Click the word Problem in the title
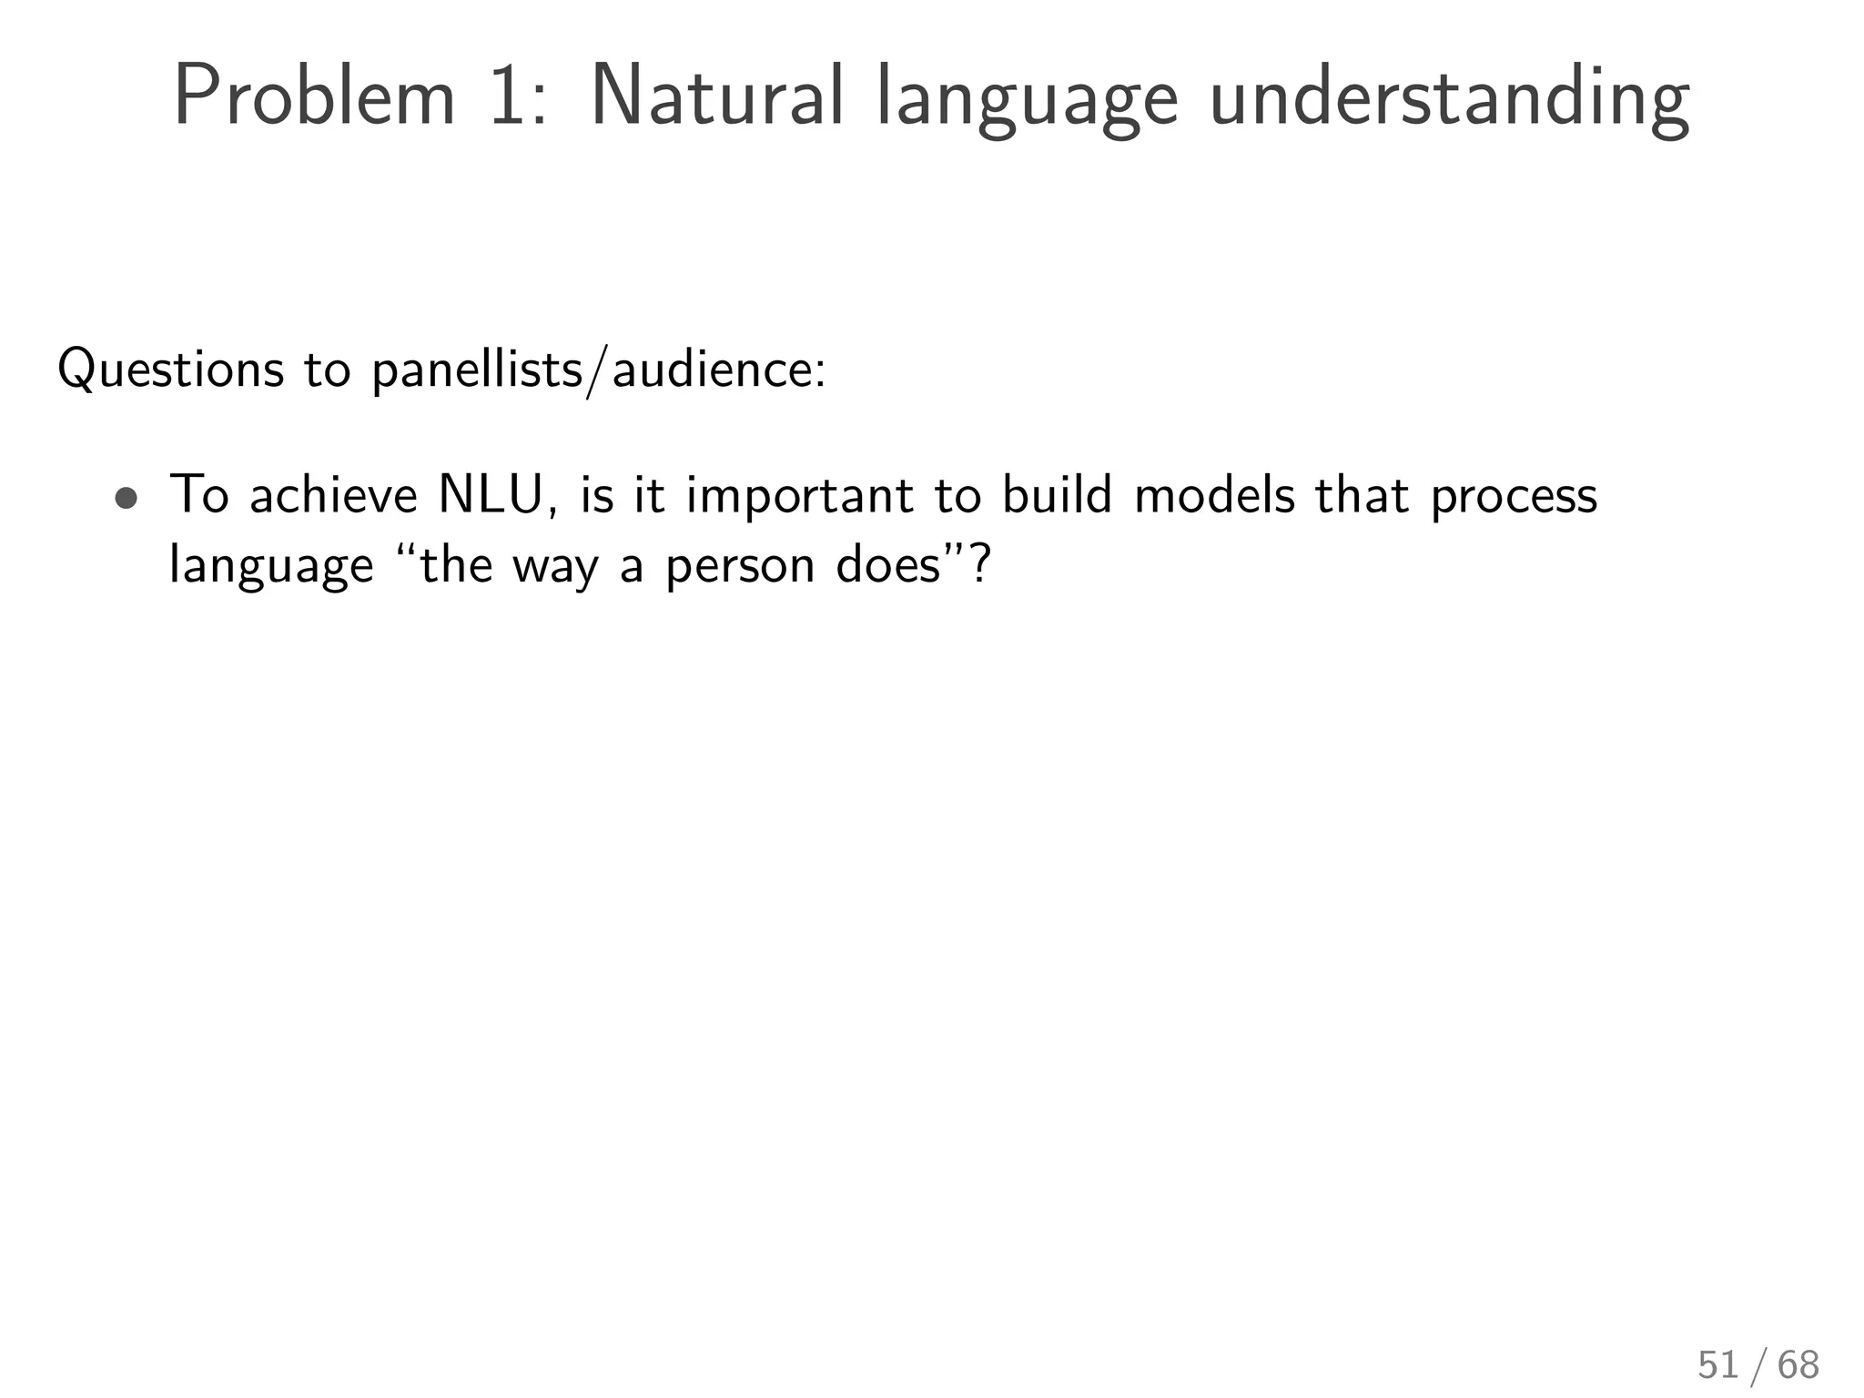(x=314, y=96)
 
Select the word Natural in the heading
(x=717, y=96)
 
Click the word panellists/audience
(x=598, y=370)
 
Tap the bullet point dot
(x=127, y=499)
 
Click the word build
(x=1057, y=496)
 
